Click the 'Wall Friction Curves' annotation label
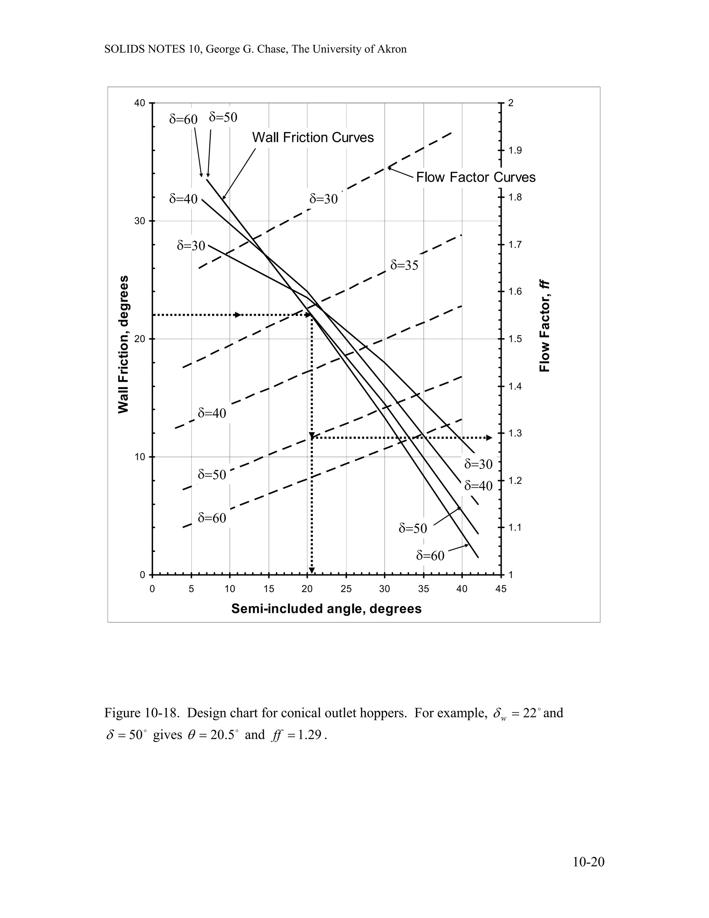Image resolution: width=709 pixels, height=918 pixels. point(313,138)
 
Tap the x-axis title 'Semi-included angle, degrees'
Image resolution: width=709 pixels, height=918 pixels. point(326,609)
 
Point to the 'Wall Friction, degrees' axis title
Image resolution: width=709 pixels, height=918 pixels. point(123,344)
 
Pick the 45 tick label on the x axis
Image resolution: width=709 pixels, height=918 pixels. point(501,589)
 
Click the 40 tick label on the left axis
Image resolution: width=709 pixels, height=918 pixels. point(140,103)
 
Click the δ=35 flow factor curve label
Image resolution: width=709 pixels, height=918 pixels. point(404,265)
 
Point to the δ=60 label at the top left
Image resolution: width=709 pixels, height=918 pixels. point(183,120)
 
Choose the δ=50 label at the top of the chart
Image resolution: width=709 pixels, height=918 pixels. point(223,117)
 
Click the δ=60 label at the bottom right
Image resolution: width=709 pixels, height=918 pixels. point(430,556)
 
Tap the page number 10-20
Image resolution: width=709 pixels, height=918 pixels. point(589,862)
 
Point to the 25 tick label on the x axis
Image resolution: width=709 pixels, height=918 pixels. point(346,589)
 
